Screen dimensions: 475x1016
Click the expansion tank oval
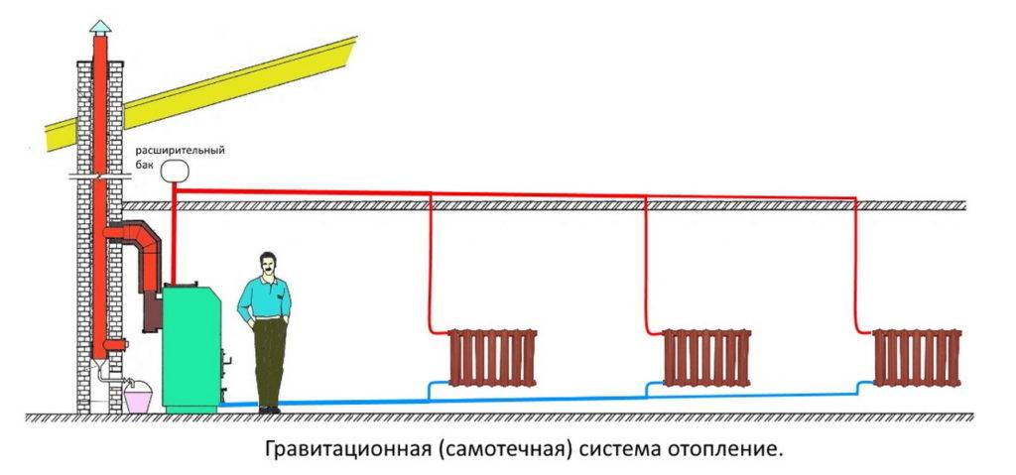coord(175,171)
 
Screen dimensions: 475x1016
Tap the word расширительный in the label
coord(181,149)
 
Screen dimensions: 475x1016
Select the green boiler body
coord(191,347)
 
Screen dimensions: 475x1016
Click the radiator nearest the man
coord(493,357)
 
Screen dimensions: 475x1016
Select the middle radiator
coord(707,357)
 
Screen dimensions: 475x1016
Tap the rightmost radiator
coord(918,357)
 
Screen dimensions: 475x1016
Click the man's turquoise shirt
coord(264,297)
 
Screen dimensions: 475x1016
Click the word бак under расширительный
coord(146,162)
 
